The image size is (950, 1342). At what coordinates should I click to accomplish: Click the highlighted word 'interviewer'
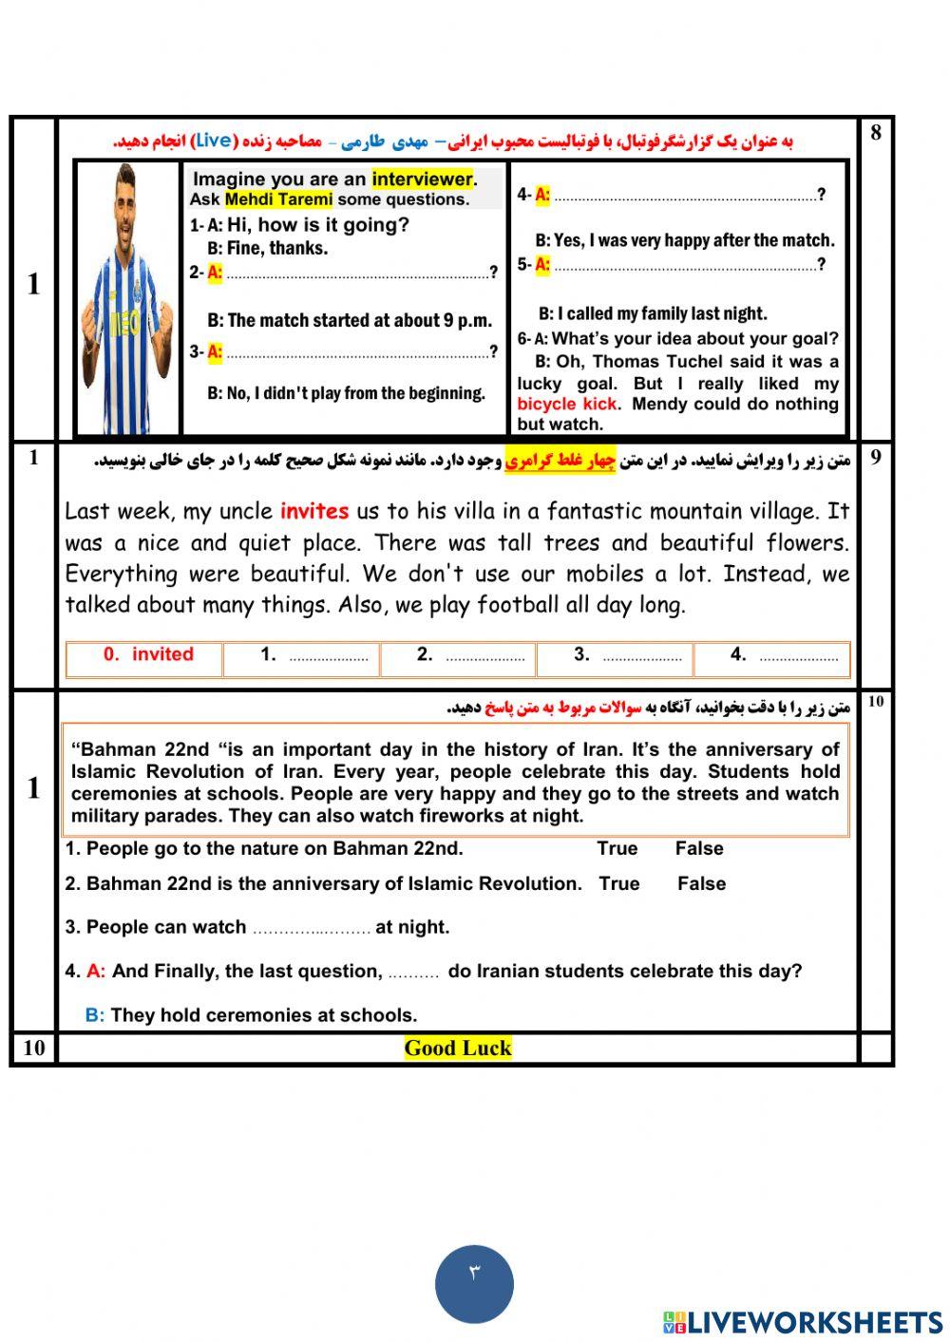point(423,180)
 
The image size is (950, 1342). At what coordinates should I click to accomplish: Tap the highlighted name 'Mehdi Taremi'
point(278,199)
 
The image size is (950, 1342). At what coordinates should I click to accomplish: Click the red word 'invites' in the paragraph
point(314,511)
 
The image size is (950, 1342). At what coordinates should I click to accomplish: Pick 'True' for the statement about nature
point(617,848)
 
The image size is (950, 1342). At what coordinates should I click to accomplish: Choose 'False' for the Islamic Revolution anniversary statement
point(701,883)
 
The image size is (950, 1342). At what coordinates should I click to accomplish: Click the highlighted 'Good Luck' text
point(458,1048)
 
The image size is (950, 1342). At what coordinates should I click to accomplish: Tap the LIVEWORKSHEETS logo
point(802,1322)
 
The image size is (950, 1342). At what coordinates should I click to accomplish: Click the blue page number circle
point(474,1284)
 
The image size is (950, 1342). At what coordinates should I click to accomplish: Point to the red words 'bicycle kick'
point(567,404)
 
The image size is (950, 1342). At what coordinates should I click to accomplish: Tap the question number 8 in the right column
point(875,133)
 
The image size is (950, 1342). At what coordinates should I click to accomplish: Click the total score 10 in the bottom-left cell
point(33,1048)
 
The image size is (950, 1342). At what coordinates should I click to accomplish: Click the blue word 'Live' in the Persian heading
point(213,141)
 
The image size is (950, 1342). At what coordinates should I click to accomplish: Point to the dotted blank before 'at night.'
point(311,928)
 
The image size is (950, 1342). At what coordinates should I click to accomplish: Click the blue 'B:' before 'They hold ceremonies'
point(95,1015)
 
